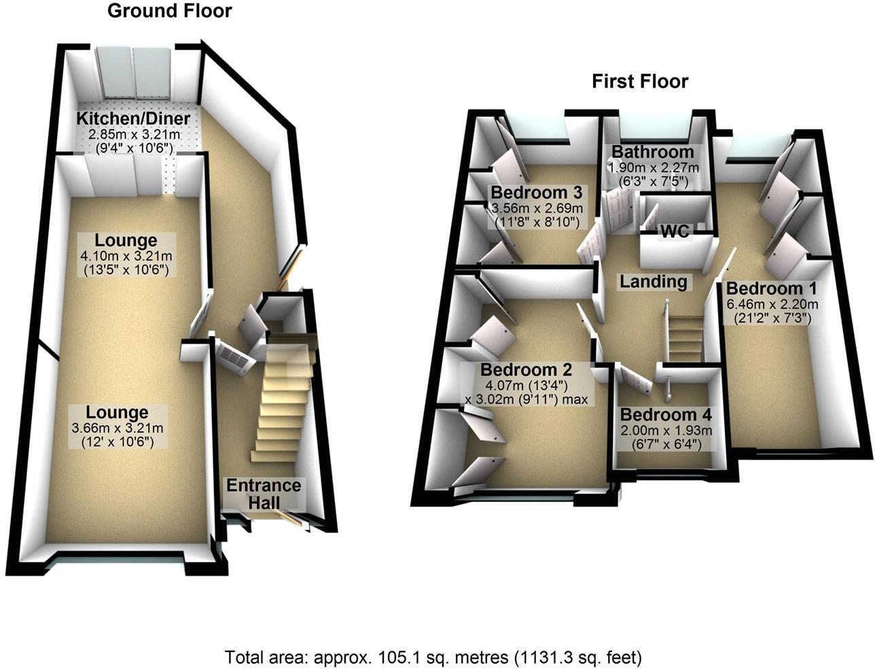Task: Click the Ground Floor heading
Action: tap(169, 11)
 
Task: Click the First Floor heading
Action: tap(640, 82)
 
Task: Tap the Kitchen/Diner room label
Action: tap(133, 119)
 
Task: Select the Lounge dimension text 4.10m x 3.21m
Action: tap(126, 255)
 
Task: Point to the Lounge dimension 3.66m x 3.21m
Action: tap(118, 429)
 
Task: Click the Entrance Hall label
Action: tap(264, 494)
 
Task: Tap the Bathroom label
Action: tap(653, 152)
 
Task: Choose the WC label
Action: tap(675, 231)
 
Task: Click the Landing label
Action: tap(654, 282)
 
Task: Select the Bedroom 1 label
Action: tap(772, 288)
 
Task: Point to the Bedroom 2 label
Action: tap(526, 369)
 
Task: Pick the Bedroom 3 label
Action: tap(537, 192)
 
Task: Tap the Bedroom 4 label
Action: tap(666, 415)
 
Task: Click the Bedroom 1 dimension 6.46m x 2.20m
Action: tap(772, 305)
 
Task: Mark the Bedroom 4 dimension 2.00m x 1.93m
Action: tap(666, 431)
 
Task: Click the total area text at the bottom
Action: tap(433, 657)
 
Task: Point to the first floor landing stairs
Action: tap(685, 339)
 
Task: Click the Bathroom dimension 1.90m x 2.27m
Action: tap(653, 167)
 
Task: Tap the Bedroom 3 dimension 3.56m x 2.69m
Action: tap(537, 208)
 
